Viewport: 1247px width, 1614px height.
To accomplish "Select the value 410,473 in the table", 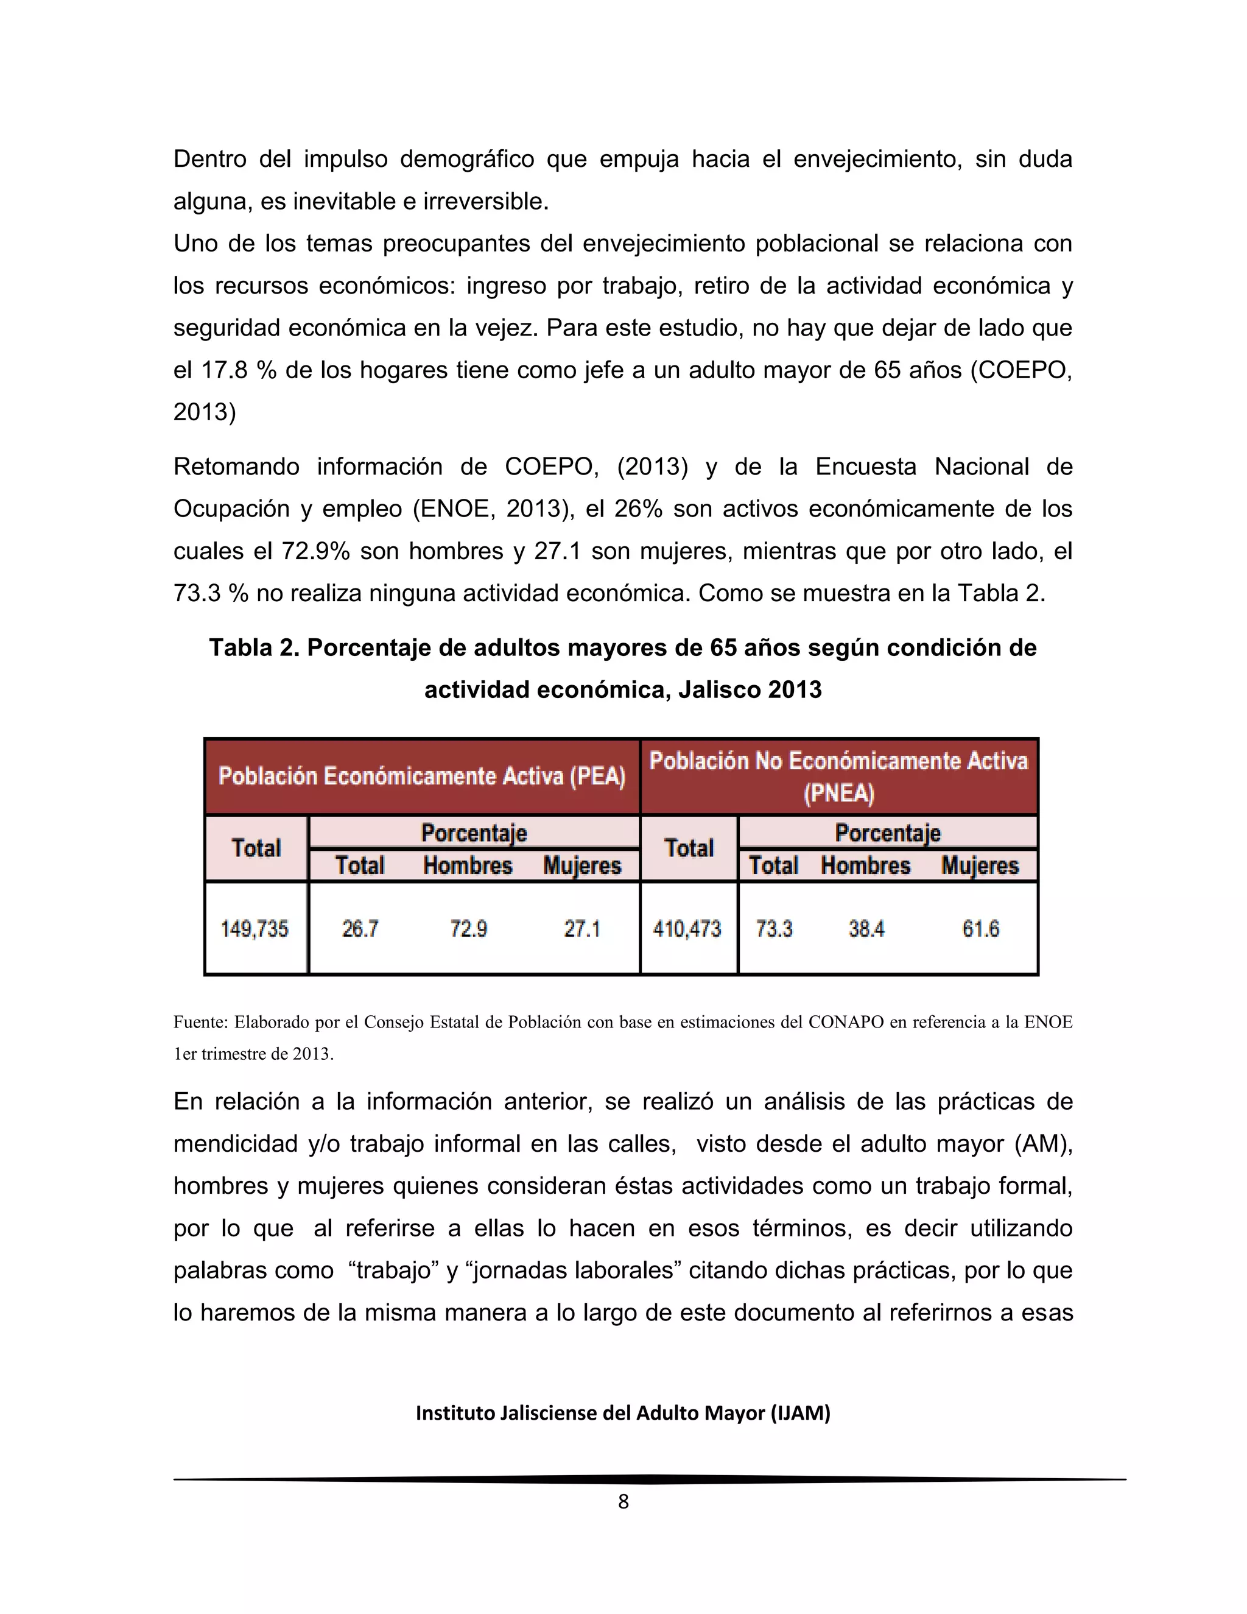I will coord(687,928).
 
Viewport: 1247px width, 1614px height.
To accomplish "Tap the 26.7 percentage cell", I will coord(360,928).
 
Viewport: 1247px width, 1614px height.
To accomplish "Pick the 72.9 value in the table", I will coord(468,928).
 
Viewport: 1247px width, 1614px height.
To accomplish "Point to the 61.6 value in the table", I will coord(980,928).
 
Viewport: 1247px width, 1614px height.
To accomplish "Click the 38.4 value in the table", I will coord(866,928).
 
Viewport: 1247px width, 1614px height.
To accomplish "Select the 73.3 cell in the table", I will coord(773,928).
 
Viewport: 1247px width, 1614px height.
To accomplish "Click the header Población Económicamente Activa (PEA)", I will coord(422,777).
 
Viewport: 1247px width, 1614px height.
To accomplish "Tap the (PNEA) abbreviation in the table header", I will coord(838,794).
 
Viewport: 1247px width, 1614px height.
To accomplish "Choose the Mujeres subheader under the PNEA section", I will coord(980,865).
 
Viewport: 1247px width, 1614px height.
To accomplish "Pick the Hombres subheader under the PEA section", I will coord(468,865).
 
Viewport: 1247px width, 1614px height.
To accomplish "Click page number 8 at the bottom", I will coord(623,1502).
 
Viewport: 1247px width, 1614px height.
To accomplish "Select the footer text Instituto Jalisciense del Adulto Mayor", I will coord(623,1413).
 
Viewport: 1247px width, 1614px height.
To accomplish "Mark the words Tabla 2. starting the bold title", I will coord(253,648).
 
